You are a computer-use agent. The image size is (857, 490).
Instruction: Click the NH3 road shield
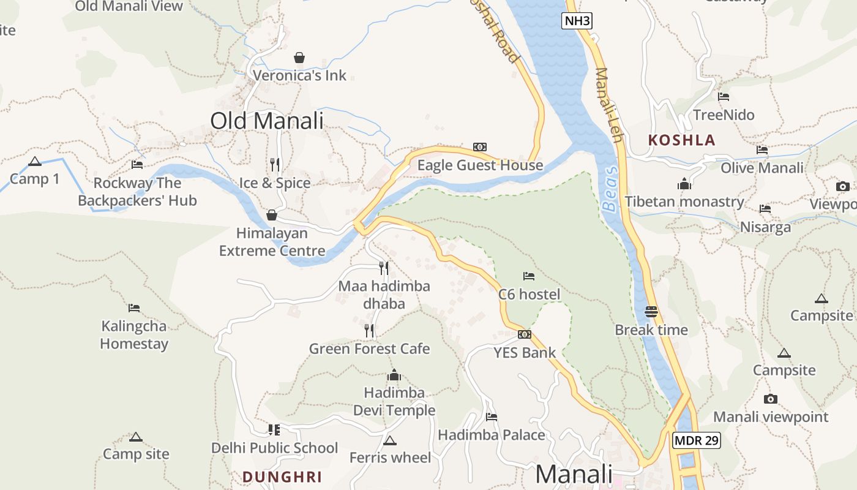(x=577, y=21)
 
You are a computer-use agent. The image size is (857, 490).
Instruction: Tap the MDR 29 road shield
(x=696, y=440)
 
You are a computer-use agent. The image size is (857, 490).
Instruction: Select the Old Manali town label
(x=267, y=121)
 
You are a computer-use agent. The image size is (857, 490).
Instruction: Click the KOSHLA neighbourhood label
(x=681, y=140)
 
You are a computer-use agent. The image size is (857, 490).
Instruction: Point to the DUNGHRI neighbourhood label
(x=282, y=477)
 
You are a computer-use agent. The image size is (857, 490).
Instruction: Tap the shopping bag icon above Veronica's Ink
(x=299, y=58)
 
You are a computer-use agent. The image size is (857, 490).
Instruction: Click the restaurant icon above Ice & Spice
(x=275, y=164)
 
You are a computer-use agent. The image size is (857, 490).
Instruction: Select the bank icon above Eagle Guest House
(x=480, y=147)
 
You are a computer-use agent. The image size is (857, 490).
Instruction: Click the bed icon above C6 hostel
(x=529, y=276)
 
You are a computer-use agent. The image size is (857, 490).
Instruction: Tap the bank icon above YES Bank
(x=525, y=334)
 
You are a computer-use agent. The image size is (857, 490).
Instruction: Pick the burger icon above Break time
(x=651, y=311)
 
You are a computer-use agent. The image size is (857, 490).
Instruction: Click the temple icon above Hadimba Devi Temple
(x=394, y=374)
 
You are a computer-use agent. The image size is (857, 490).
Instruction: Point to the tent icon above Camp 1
(x=35, y=162)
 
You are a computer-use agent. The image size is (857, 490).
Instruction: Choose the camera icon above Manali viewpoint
(x=771, y=399)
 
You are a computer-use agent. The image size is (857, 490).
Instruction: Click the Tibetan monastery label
(x=684, y=202)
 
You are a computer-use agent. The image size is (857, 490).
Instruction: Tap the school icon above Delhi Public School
(x=274, y=429)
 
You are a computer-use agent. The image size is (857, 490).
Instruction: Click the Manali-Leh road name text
(x=608, y=104)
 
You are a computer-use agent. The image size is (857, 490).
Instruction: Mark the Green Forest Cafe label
(x=369, y=349)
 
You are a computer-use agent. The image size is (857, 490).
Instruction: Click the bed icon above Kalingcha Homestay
(x=134, y=307)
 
